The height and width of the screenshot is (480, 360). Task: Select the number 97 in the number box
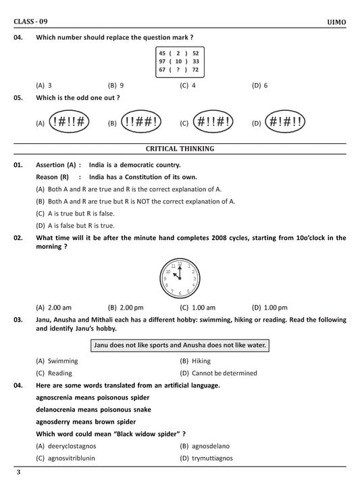162,60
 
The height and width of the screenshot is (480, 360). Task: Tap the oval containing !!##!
141,122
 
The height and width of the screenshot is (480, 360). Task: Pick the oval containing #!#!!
285,122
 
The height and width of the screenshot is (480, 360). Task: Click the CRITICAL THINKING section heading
180,148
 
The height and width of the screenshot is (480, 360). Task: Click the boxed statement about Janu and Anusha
180,345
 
